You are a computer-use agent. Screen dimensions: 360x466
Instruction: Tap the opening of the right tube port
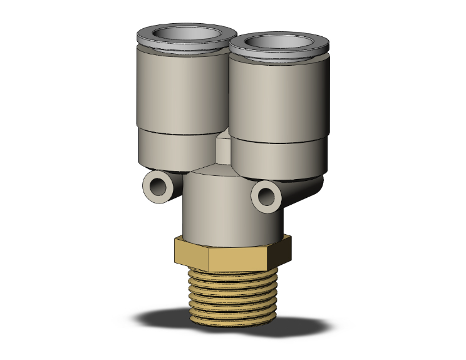277,44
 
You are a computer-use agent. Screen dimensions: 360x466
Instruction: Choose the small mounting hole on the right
265,195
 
